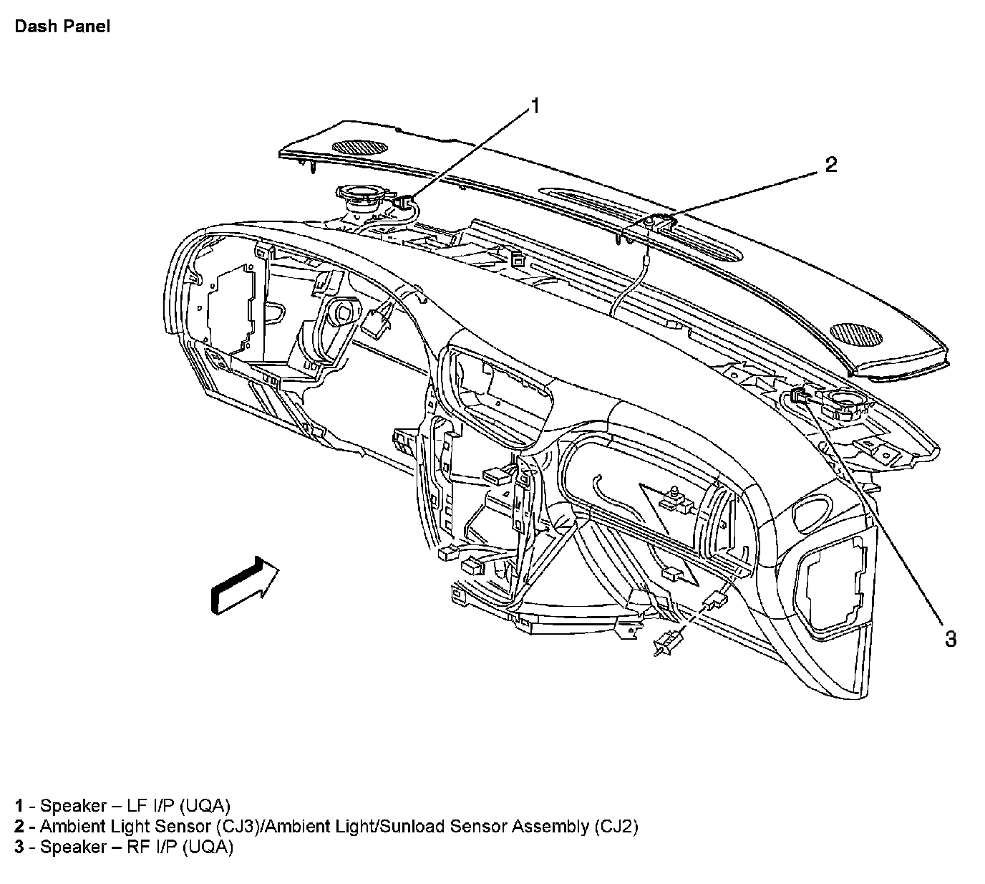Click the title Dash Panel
[x=62, y=28]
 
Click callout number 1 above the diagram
[x=533, y=107]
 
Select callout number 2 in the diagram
[x=830, y=165]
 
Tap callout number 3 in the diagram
[x=950, y=638]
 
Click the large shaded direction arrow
[x=244, y=583]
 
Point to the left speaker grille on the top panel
[x=360, y=147]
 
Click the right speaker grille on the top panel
[x=856, y=335]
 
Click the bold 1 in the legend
[x=19, y=804]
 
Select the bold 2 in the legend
[x=19, y=826]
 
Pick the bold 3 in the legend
[x=19, y=847]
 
